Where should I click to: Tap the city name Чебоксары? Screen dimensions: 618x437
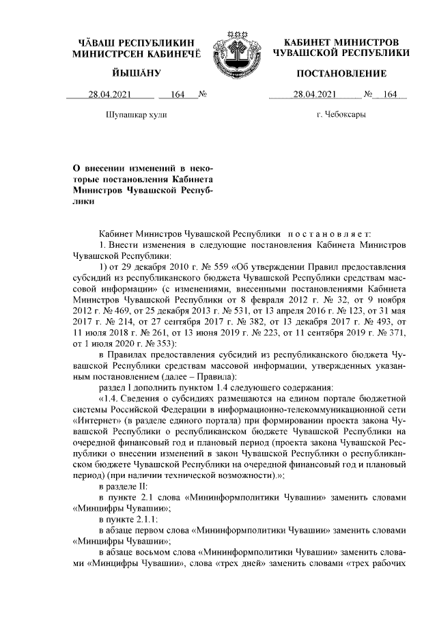coord(341,115)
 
